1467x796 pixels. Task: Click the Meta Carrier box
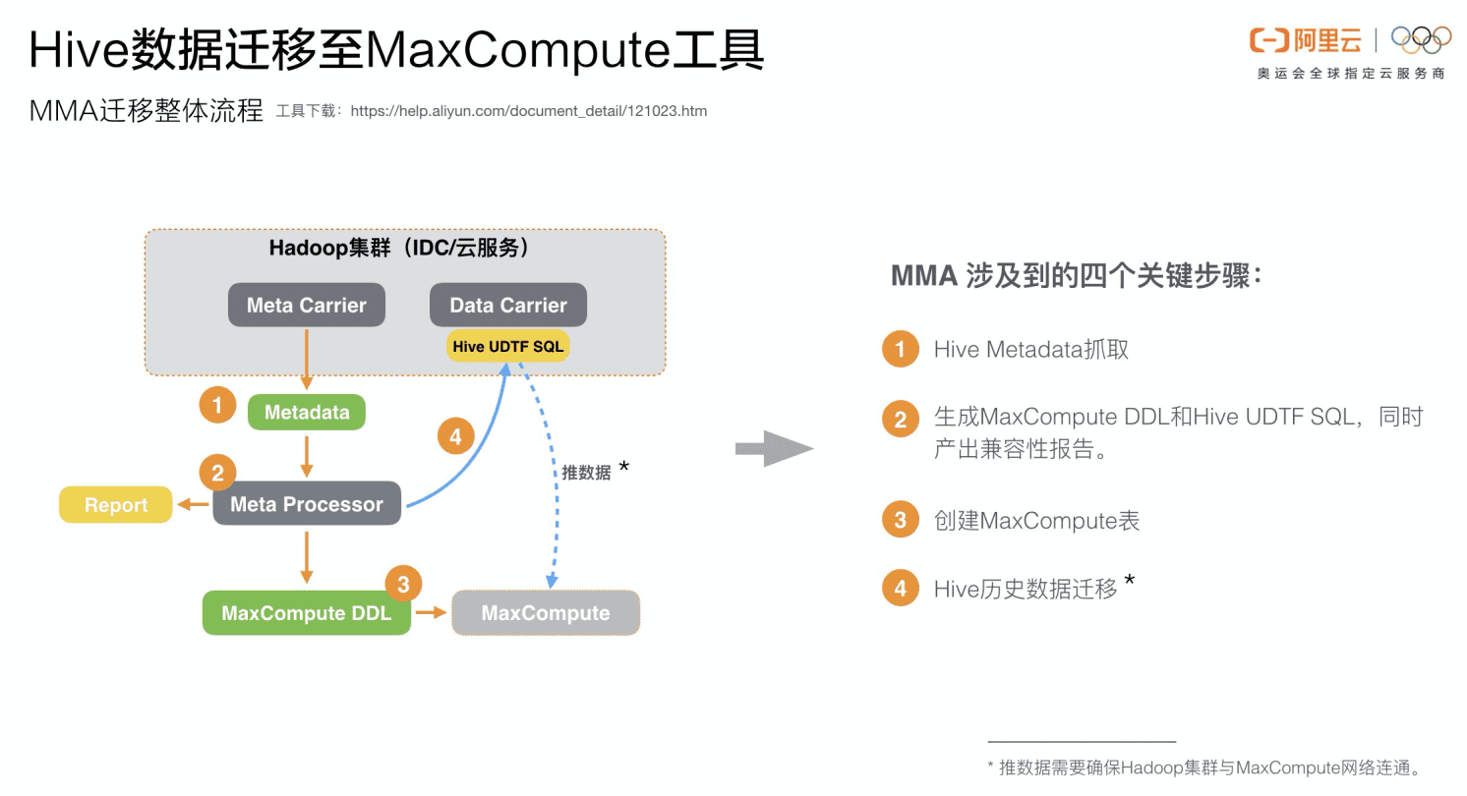[x=307, y=306]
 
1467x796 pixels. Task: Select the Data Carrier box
[x=508, y=306]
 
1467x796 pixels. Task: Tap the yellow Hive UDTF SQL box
[x=508, y=346]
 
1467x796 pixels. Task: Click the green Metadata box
[x=307, y=413]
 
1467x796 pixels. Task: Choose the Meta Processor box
[x=307, y=504]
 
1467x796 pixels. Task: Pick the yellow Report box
[x=116, y=505]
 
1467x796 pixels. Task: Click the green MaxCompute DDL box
[x=307, y=613]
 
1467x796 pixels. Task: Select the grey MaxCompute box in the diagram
[x=546, y=613]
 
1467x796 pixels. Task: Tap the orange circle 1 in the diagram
[x=217, y=405]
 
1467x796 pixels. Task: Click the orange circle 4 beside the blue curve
[x=454, y=435]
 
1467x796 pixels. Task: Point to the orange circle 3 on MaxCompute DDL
[x=403, y=584]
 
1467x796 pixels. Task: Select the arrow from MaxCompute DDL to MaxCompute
[x=431, y=613]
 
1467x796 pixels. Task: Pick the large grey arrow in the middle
[x=775, y=449]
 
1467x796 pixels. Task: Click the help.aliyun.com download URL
[x=528, y=111]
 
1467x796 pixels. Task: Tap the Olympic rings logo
[x=1421, y=39]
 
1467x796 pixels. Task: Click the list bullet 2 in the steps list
[x=900, y=420]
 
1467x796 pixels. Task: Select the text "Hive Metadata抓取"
[x=1030, y=349]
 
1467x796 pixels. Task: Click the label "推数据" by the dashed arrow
[x=586, y=473]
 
